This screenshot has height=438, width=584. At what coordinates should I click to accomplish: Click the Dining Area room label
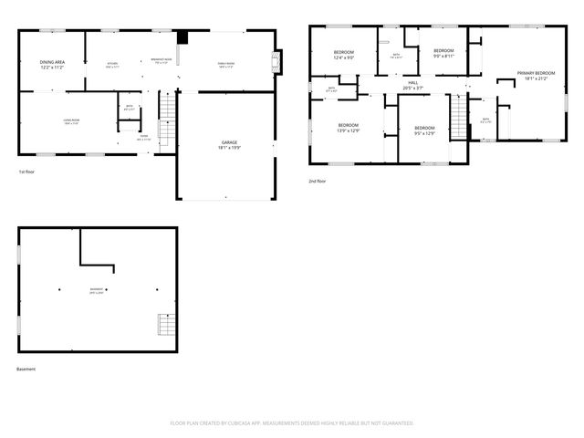point(51,65)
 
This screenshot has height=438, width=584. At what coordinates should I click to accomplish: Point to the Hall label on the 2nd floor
point(413,86)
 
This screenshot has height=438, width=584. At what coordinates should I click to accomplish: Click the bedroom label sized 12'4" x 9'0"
point(344,55)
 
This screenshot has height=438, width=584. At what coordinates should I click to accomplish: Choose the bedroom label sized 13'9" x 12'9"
point(348,128)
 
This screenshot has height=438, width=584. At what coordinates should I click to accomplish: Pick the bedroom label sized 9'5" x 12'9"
point(424,130)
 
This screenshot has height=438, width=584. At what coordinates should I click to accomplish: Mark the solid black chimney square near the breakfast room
point(182,37)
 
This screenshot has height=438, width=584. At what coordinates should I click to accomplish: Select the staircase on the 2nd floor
point(458,114)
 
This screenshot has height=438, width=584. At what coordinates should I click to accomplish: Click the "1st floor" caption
point(28,172)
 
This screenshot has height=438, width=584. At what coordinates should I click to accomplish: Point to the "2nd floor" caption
point(318,181)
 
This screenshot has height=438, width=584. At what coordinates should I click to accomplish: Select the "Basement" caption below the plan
point(26,369)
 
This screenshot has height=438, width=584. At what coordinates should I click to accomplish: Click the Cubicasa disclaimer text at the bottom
point(292,423)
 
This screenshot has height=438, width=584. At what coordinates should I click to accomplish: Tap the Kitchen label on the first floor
point(113,65)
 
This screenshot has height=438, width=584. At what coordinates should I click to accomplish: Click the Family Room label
point(224,65)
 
